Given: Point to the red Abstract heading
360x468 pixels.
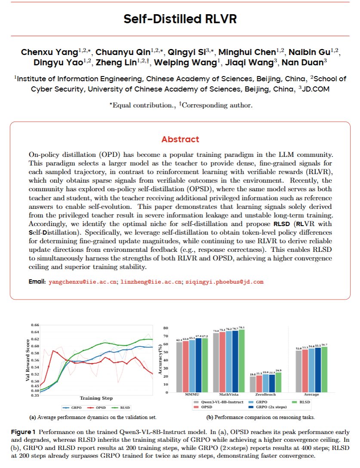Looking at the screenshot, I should (180, 139).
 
